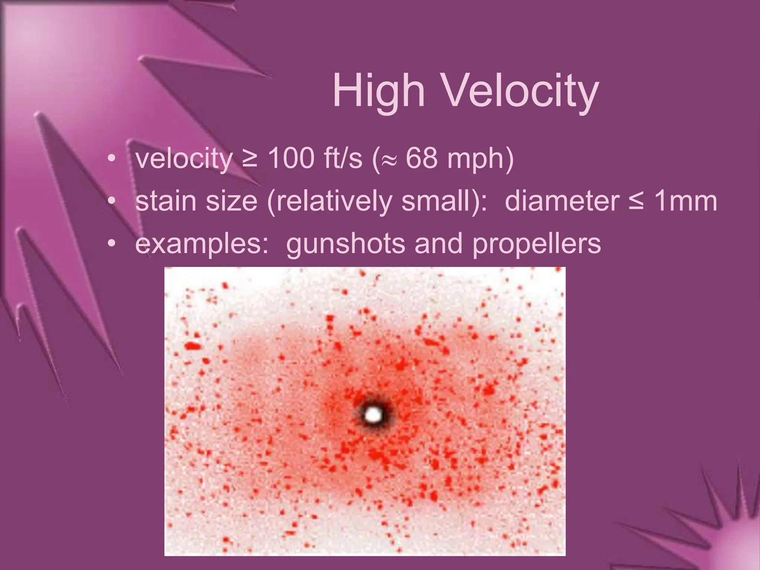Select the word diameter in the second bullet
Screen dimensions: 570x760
click(x=562, y=201)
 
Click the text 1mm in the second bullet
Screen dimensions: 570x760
click(x=685, y=201)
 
